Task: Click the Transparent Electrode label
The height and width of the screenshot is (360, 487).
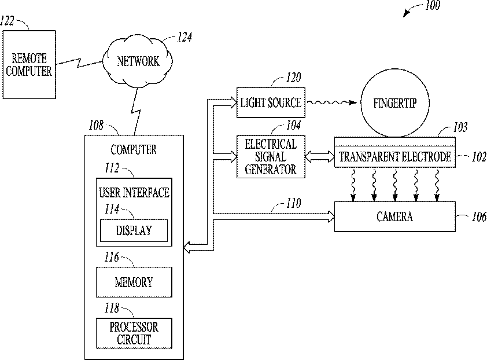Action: [x=395, y=157]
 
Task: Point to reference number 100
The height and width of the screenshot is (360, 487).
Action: [x=432, y=5]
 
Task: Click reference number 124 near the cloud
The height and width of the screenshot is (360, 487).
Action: [x=185, y=37]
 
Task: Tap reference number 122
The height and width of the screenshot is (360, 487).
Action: [x=7, y=21]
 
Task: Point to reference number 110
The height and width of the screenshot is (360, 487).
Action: [x=293, y=203]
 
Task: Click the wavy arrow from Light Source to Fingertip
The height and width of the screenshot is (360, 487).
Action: [x=332, y=102]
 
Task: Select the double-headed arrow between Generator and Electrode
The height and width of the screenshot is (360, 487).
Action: [x=320, y=157]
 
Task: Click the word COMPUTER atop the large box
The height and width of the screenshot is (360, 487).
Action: [x=134, y=150]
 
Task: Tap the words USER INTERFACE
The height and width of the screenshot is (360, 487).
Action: [x=134, y=193]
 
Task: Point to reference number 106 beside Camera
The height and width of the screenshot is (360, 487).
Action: [x=479, y=216]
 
